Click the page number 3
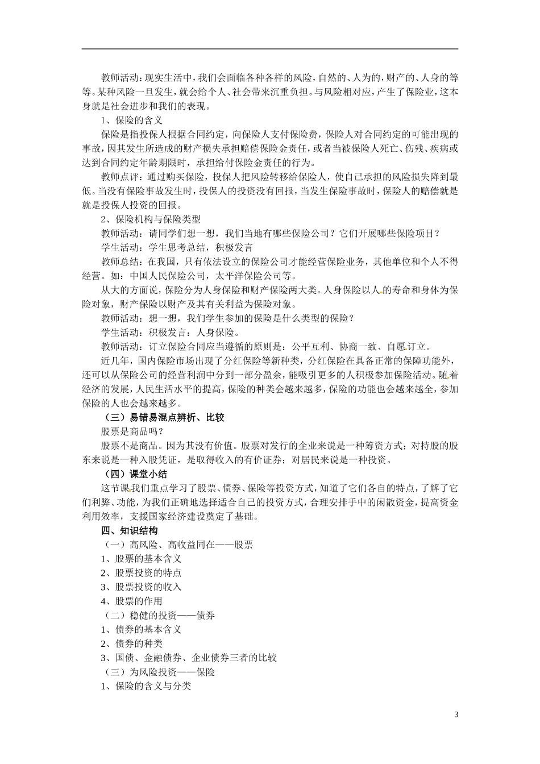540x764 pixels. click(x=456, y=714)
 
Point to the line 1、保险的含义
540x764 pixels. click(x=132, y=121)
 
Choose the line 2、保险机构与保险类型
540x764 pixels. click(x=151, y=219)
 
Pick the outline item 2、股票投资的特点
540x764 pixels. click(x=141, y=573)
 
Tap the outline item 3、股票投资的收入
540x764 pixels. click(x=141, y=587)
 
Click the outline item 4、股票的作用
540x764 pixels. click(x=132, y=601)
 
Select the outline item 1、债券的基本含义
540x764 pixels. click(x=141, y=629)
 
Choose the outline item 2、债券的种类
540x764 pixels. click(x=132, y=643)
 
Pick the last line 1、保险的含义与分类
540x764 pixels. click(x=146, y=686)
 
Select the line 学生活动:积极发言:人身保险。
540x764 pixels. click(x=171, y=333)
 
